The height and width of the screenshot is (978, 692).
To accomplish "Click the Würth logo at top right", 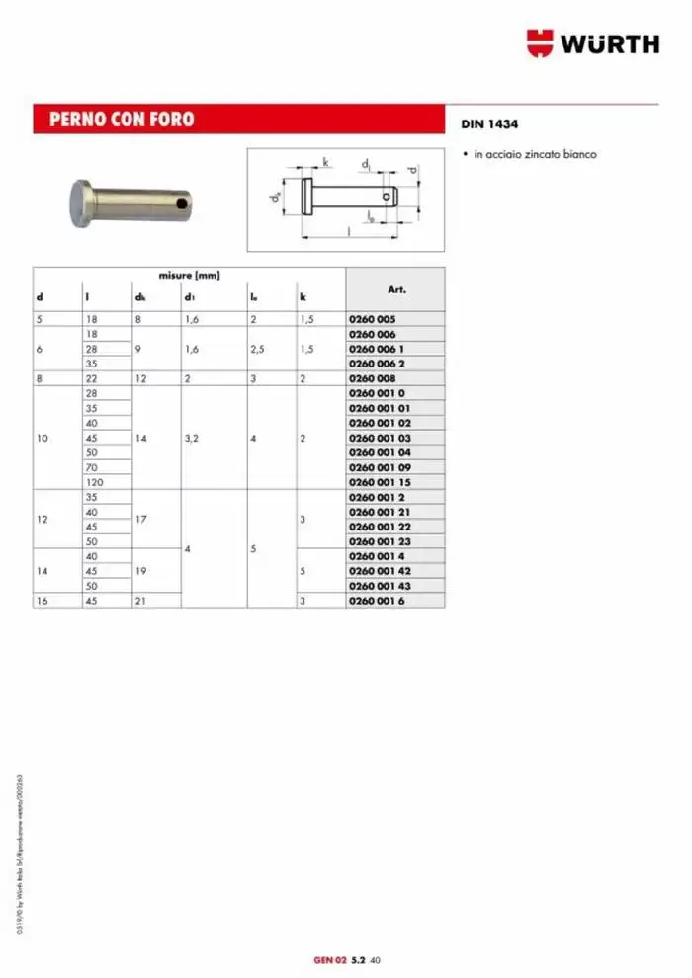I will (592, 42).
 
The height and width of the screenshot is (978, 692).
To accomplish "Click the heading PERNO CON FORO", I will (115, 120).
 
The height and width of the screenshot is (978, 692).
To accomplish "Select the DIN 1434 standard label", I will (489, 125).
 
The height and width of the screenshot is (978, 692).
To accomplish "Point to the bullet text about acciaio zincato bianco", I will (535, 155).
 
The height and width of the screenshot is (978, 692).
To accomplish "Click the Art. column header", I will (395, 290).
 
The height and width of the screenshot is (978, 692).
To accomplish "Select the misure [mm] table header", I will (189, 276).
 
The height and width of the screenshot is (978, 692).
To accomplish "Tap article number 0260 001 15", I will (383, 482).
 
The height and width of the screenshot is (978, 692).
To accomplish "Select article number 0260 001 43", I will (383, 586).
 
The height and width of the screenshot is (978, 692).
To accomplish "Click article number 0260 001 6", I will (380, 601).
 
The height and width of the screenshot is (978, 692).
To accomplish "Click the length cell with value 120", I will (96, 482).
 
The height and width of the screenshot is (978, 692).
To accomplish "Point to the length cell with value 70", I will (92, 466).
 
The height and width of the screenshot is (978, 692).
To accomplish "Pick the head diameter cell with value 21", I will (140, 601).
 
